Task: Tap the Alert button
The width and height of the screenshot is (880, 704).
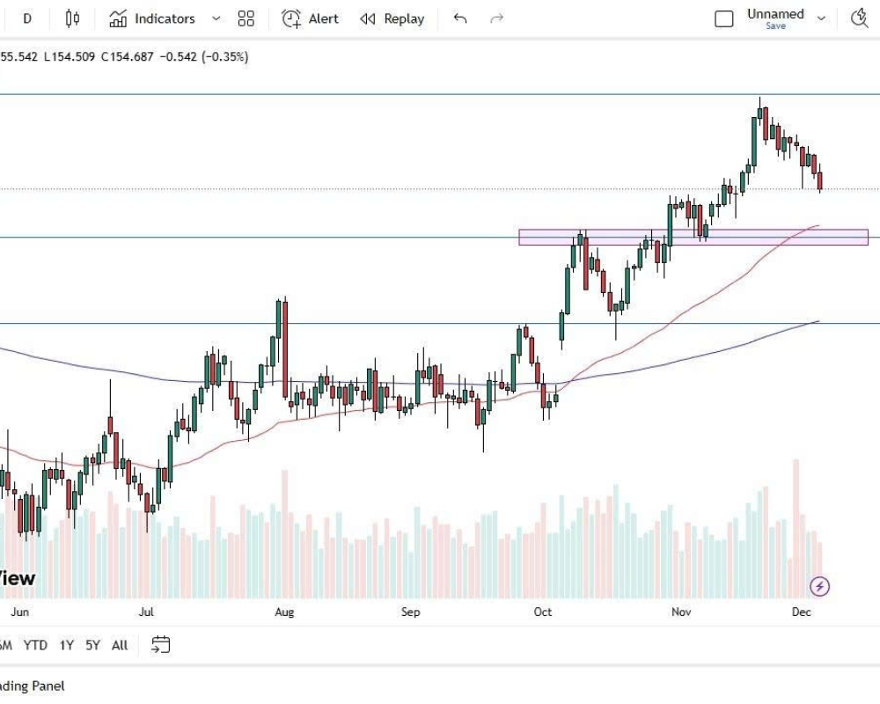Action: tap(310, 18)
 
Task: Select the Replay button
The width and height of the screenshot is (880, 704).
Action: tap(392, 18)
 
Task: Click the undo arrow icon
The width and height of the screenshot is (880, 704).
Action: tap(459, 18)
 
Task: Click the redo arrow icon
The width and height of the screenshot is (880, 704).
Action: tap(496, 18)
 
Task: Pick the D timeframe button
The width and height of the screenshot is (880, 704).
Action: tap(27, 18)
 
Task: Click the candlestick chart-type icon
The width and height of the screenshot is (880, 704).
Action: tap(72, 18)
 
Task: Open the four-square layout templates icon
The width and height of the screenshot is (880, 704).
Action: tap(246, 18)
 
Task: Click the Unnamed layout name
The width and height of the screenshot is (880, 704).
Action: tap(775, 14)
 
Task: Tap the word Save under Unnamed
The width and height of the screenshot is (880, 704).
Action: tap(775, 26)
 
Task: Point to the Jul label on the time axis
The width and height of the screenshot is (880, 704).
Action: tap(146, 612)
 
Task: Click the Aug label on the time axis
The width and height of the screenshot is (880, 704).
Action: tap(283, 612)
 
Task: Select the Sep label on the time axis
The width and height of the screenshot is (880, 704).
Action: tap(410, 612)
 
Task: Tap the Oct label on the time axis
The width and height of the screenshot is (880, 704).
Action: tap(543, 612)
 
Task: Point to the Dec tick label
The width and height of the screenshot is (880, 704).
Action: tap(801, 612)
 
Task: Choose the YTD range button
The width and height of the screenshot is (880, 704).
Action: tap(35, 645)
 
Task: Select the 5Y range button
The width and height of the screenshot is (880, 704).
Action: tap(92, 645)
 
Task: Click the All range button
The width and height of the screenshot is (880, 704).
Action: tap(120, 645)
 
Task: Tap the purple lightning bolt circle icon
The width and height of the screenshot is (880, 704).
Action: tap(820, 586)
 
